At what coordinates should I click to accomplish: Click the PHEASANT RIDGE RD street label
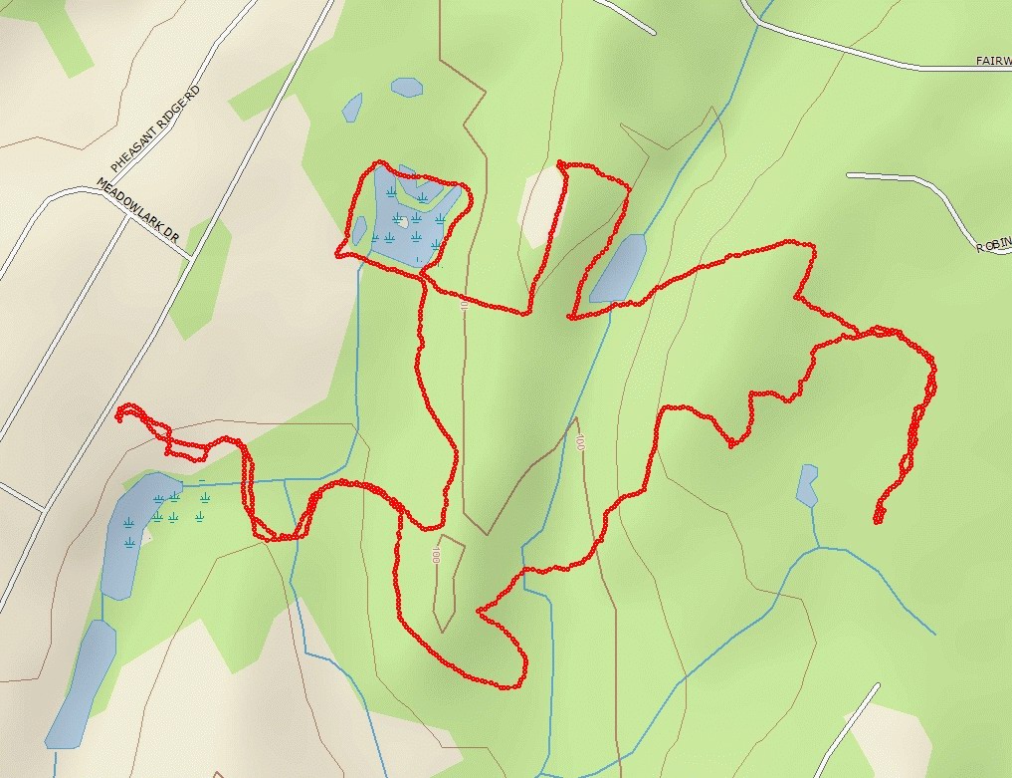pyautogui.click(x=155, y=129)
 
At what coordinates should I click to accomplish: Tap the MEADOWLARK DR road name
pyautogui.click(x=138, y=211)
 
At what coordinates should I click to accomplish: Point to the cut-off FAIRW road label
pyautogui.click(x=992, y=62)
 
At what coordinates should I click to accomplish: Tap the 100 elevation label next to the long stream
pyautogui.click(x=579, y=439)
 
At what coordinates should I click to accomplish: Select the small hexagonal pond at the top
pyautogui.click(x=406, y=87)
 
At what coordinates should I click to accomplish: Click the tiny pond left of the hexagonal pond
pyautogui.click(x=352, y=108)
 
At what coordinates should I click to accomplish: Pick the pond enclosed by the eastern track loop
pyautogui.click(x=618, y=268)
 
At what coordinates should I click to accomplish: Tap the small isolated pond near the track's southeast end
pyautogui.click(x=807, y=484)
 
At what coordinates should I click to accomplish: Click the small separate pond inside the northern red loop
pyautogui.click(x=358, y=230)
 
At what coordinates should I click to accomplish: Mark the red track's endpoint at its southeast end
pyautogui.click(x=878, y=520)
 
